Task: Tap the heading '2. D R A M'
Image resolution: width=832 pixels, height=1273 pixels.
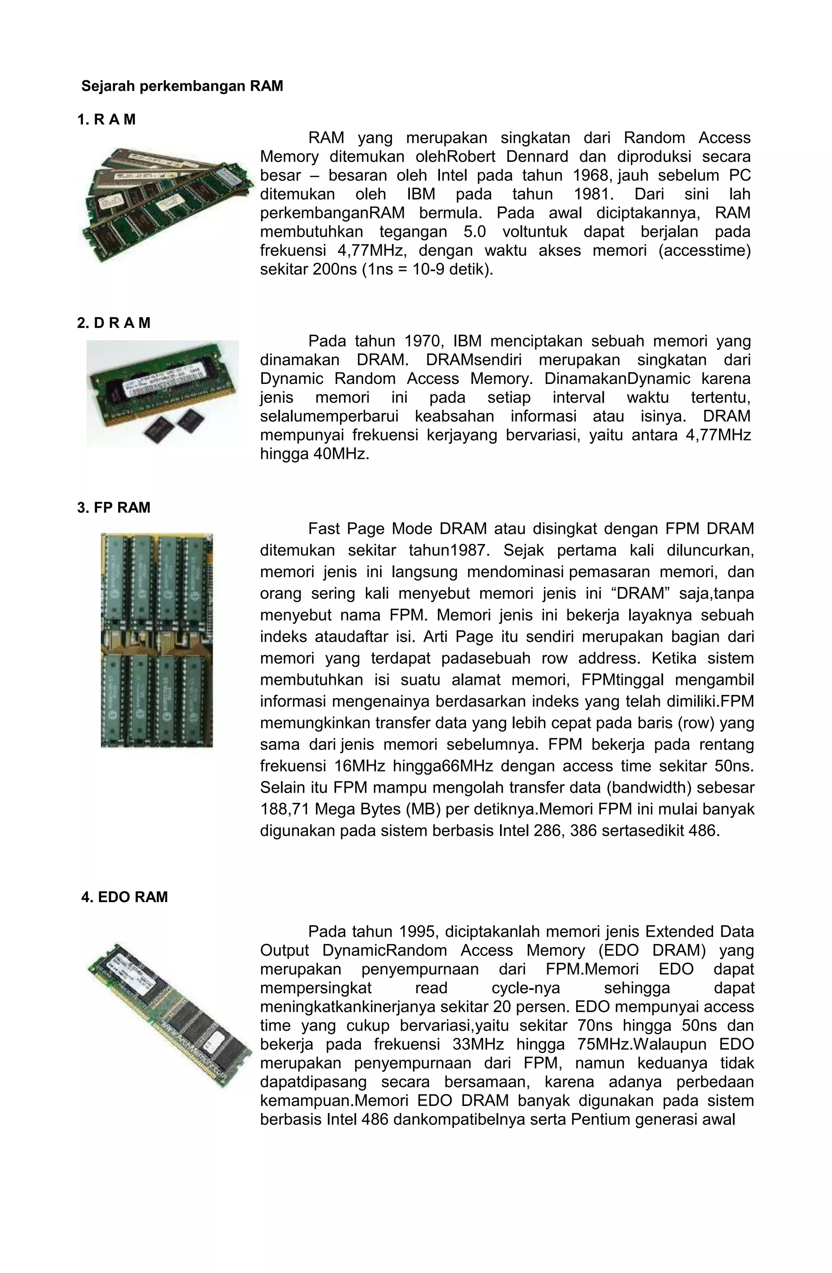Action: [x=114, y=323]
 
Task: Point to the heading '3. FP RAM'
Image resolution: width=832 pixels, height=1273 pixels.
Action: [x=114, y=508]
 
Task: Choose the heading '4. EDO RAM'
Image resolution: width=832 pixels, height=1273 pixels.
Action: [x=124, y=897]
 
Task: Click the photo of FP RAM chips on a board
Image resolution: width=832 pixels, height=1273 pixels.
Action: [x=156, y=640]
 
